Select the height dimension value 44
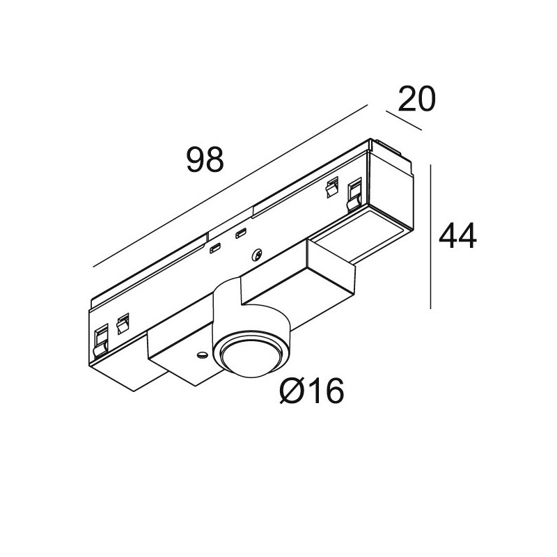point(457,238)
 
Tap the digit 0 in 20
point(425,100)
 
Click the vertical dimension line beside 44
point(433,237)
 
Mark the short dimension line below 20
point(404,121)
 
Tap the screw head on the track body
point(258,255)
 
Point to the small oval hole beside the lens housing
point(201,354)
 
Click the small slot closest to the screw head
point(242,233)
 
